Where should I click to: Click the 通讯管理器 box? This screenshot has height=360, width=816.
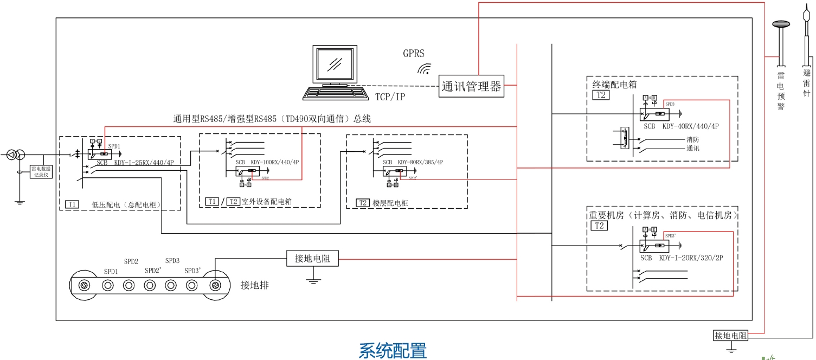pos(471,86)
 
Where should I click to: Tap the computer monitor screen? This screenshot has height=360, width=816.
pos(335,63)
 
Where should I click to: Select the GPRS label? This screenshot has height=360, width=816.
pos(413,53)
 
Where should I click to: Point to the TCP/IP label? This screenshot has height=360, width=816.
pos(390,97)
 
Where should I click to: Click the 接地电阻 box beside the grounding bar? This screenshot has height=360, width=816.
pos(312,259)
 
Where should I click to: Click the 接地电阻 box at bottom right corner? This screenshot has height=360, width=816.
pos(730,336)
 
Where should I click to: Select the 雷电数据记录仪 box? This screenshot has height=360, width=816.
pos(42,172)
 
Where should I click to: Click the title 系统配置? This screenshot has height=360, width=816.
pos(393,350)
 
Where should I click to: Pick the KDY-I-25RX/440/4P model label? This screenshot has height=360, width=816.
pos(144,162)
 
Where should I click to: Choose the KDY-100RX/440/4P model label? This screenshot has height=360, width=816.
pos(274,162)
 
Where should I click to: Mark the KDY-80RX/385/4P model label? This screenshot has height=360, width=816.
pos(420,162)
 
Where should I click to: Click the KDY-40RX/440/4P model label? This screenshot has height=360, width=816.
pos(690,126)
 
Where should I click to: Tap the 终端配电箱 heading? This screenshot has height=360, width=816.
pos(614,85)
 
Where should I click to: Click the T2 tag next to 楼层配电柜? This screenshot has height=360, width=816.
pos(363,203)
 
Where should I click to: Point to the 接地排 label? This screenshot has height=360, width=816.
pos(254,285)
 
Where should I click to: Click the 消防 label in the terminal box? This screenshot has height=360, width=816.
pos(692,139)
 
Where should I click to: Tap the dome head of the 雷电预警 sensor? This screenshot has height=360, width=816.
pos(781,24)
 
